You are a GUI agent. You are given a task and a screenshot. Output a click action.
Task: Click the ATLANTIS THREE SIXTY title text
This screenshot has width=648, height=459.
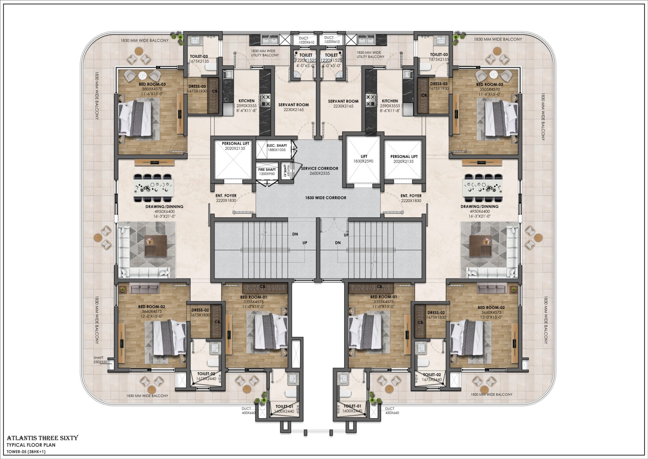43,438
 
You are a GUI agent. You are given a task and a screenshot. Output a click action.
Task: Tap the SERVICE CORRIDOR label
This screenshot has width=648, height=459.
320,171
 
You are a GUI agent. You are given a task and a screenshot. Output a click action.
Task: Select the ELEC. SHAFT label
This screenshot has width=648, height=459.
277,148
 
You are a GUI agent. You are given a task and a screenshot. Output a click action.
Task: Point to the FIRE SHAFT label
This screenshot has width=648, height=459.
267,172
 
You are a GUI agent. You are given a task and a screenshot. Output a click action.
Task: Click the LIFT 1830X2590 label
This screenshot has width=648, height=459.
364,159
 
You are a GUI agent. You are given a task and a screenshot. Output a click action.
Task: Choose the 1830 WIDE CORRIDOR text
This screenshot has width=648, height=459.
326,198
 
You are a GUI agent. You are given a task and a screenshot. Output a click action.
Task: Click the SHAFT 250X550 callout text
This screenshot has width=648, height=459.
100,360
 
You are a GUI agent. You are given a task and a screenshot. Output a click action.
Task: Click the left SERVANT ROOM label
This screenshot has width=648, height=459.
293,107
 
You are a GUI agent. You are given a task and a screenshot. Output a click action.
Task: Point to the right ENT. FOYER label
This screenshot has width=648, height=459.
411,198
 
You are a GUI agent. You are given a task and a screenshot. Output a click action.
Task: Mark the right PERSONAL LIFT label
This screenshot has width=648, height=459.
404,159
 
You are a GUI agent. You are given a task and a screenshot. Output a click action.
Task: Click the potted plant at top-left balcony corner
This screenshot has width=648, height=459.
179,37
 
